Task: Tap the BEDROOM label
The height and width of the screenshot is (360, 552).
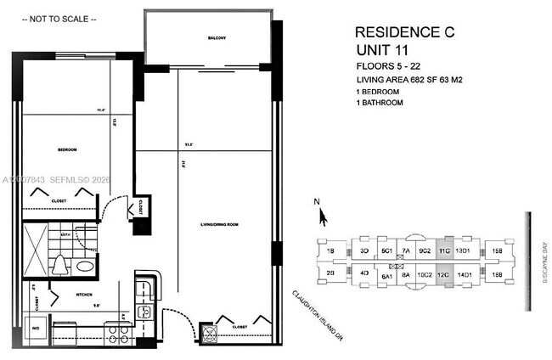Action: click(67, 149)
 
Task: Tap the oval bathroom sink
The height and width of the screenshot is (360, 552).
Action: click(84, 267)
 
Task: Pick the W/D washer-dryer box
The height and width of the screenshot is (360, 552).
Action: click(37, 326)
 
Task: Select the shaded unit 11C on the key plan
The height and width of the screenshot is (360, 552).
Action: click(442, 250)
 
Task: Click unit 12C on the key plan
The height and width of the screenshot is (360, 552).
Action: click(442, 275)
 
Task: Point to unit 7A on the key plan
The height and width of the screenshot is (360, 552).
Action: click(406, 251)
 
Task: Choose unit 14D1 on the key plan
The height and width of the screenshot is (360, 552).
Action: click(464, 275)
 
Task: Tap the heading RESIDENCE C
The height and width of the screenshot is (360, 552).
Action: click(404, 32)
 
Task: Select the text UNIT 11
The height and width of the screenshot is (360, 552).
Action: click(381, 50)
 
